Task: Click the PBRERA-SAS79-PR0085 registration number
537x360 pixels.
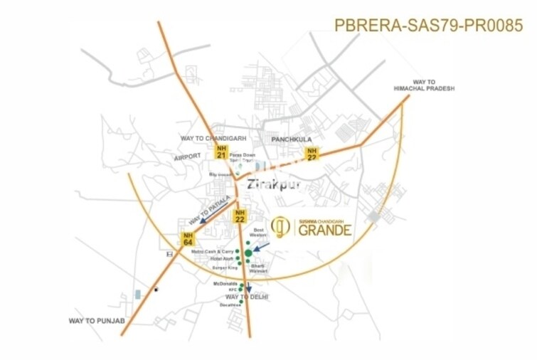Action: tap(428, 26)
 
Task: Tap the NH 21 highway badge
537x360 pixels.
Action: tap(223, 151)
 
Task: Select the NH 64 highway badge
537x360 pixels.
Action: tap(187, 239)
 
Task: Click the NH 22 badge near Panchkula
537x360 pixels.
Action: tap(312, 154)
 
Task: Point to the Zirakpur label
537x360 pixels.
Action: tap(273, 185)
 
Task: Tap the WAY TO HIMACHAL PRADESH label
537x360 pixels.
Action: tap(424, 85)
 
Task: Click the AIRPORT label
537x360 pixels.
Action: tap(187, 156)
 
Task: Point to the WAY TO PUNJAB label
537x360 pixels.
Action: tap(97, 321)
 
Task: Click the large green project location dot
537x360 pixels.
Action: tap(248, 253)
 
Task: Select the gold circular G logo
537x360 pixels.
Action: tap(281, 226)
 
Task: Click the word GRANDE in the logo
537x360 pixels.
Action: tap(324, 231)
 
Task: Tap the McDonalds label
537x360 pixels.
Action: tap(224, 283)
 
